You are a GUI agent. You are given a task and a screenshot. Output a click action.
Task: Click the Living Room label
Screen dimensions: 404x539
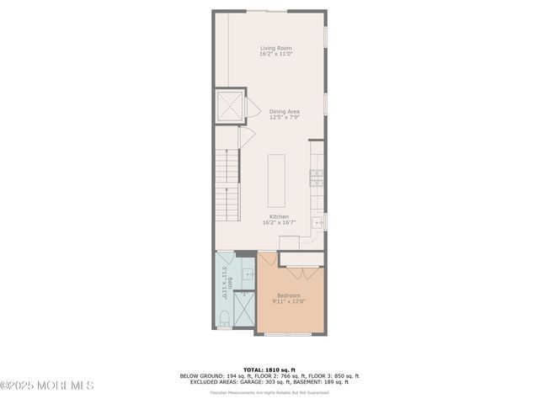click(x=275, y=48)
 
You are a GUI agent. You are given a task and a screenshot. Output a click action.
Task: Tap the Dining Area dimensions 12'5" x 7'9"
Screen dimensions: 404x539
click(x=284, y=117)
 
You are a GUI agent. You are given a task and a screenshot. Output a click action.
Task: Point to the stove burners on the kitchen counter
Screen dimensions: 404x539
click(x=317, y=177)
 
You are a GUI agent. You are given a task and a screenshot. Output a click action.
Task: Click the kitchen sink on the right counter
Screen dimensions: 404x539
click(x=318, y=222)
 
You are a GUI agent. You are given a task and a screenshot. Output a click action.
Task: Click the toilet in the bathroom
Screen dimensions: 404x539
click(x=224, y=318)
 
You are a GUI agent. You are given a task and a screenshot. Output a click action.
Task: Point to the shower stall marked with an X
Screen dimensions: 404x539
click(x=244, y=309)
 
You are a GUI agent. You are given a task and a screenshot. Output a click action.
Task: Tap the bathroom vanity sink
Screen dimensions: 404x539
click(x=248, y=274)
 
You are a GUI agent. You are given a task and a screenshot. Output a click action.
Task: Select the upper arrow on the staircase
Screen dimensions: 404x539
click(x=227, y=165)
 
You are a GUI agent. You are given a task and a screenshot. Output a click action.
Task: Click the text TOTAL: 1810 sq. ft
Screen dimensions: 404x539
click(x=269, y=369)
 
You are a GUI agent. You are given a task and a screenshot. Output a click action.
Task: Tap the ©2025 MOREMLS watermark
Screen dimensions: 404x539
click(x=47, y=385)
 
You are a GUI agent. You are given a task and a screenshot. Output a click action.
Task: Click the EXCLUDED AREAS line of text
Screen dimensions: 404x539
click(x=269, y=381)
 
